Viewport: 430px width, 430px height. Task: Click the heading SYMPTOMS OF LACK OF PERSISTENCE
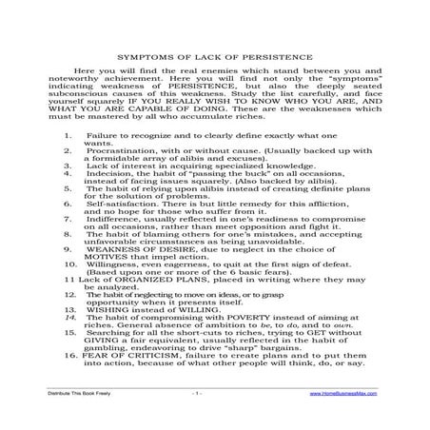pos(214,83)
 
